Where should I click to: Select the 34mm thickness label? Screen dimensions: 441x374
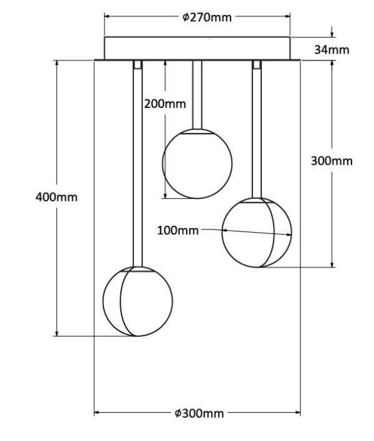coord(332,49)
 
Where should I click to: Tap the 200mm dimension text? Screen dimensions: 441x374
coord(165,104)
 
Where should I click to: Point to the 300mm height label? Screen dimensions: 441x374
coord(332,161)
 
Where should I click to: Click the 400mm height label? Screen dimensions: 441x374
coord(56,197)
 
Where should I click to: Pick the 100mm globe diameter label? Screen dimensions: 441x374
coord(178,230)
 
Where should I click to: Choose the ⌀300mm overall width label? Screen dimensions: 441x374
coord(199,413)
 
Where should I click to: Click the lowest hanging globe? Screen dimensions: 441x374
coord(137,301)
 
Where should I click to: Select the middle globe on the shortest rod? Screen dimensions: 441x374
coord(197,163)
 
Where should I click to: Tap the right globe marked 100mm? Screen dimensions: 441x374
coord(257,233)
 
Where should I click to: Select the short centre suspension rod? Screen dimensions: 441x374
coord(197,94)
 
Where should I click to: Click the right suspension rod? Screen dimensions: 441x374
coord(256,131)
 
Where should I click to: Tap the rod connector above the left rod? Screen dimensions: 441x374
coord(137,64)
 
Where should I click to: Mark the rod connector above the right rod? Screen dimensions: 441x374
coord(256,64)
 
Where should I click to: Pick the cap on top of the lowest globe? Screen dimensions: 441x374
coord(137,269)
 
